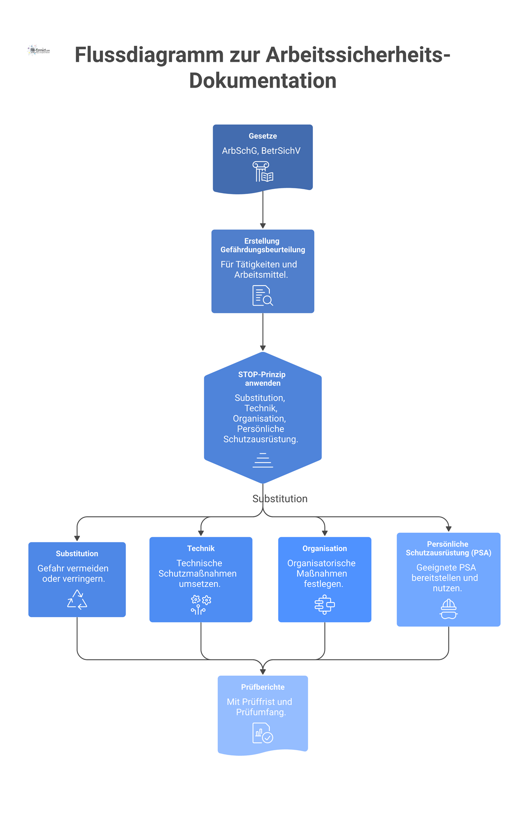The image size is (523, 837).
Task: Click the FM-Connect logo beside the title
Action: (x=39, y=51)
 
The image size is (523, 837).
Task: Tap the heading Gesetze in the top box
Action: (x=263, y=136)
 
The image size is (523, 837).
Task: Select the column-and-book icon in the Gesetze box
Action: (x=263, y=171)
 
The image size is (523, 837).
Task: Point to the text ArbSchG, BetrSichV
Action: (x=261, y=151)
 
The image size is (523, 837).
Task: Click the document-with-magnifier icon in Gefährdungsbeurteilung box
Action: (x=263, y=296)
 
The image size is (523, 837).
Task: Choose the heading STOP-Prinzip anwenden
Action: (x=262, y=379)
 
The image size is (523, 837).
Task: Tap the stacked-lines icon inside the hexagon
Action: (x=263, y=460)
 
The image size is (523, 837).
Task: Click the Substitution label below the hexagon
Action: (x=280, y=499)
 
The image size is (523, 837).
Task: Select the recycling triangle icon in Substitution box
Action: (x=77, y=599)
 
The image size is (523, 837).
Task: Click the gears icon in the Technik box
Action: (x=201, y=605)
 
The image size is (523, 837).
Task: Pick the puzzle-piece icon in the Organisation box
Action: (x=325, y=605)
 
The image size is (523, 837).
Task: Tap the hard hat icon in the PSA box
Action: (x=448, y=609)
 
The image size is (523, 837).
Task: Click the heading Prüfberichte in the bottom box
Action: (x=263, y=687)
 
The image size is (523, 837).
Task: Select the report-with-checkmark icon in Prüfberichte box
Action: (x=263, y=733)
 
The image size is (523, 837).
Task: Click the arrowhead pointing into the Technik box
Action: (x=201, y=533)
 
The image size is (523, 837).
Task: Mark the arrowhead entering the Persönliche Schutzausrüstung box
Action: (x=448, y=529)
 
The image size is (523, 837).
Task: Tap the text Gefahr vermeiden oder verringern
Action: (x=73, y=574)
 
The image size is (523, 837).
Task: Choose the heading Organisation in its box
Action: (x=325, y=548)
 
